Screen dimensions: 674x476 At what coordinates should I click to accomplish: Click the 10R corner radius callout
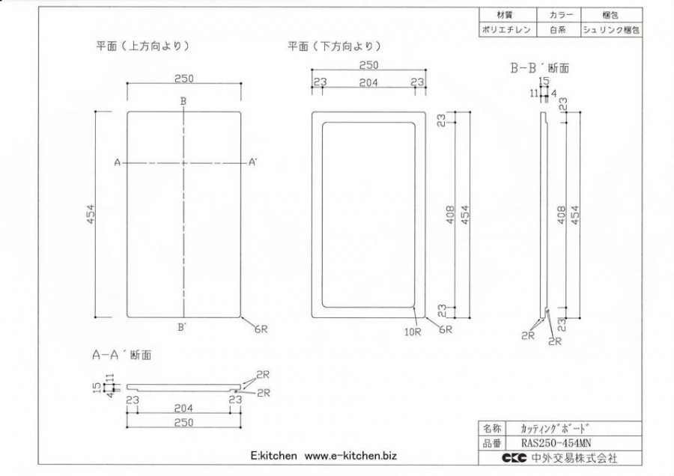(x=413, y=332)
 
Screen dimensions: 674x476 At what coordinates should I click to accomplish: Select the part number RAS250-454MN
(x=556, y=443)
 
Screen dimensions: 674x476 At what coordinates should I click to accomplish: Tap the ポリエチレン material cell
(x=506, y=30)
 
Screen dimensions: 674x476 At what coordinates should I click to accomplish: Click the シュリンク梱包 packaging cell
(x=611, y=30)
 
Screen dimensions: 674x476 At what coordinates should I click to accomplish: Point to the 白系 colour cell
(x=558, y=30)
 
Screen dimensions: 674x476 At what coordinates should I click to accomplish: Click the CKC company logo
(x=514, y=458)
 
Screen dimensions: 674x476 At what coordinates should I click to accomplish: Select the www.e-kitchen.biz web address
(x=350, y=456)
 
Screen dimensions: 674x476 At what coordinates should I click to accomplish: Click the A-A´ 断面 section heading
(x=121, y=355)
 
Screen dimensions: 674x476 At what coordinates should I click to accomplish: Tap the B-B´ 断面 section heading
(x=539, y=68)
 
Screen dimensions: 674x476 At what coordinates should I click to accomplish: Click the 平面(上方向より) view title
(x=142, y=46)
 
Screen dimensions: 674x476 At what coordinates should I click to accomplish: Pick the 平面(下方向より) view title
(x=334, y=46)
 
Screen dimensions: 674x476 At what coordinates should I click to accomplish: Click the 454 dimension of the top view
(x=91, y=214)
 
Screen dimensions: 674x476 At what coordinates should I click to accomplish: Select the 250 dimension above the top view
(x=184, y=79)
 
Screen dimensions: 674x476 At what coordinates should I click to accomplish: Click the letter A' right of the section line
(x=253, y=162)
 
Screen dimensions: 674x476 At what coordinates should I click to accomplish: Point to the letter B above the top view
(x=183, y=101)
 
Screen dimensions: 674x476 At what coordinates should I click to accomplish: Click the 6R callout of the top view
(x=261, y=329)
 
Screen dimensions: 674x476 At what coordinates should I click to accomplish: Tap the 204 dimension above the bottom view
(x=368, y=82)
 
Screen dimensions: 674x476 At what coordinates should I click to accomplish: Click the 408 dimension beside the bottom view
(x=450, y=214)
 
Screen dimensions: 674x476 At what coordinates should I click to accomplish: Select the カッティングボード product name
(x=554, y=428)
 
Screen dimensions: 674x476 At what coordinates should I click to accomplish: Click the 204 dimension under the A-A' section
(x=183, y=408)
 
